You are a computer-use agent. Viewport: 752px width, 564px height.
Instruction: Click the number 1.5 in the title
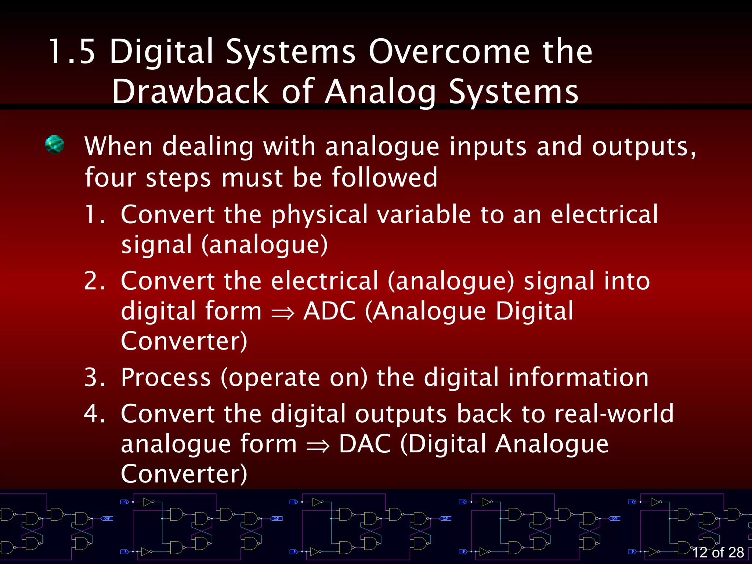click(x=72, y=52)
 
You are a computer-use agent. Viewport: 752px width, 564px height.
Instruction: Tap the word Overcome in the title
click(x=449, y=52)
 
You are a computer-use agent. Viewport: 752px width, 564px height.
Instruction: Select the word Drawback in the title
click(x=190, y=92)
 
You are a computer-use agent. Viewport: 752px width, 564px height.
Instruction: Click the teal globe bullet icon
click(x=55, y=145)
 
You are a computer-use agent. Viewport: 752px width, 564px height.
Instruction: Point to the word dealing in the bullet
click(x=208, y=147)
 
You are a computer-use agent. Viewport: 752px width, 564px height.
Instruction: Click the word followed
click(x=384, y=178)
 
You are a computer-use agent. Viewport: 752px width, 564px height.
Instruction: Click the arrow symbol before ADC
click(x=283, y=313)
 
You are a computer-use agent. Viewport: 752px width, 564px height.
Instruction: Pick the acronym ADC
click(x=329, y=311)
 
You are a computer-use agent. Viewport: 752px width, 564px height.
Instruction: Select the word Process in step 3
click(x=166, y=378)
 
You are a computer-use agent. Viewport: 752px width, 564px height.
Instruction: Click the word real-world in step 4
click(x=614, y=414)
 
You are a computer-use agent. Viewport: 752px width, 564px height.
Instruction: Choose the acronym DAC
click(x=365, y=444)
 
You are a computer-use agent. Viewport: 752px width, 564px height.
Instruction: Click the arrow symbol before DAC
click(x=318, y=446)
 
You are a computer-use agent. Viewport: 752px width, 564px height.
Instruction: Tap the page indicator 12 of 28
click(x=718, y=552)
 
